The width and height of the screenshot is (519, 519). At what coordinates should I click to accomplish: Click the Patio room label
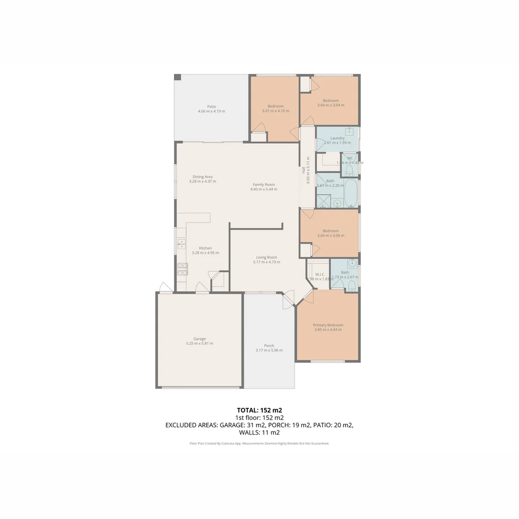coord(211,106)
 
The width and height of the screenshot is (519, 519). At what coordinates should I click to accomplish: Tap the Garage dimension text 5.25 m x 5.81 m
coord(199,344)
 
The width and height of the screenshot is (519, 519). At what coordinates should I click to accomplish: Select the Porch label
coord(269,346)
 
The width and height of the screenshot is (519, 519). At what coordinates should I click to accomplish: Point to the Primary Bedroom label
coord(328,325)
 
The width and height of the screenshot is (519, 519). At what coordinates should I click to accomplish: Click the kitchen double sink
coord(182,244)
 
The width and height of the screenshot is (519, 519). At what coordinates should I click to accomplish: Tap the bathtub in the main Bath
coord(351,193)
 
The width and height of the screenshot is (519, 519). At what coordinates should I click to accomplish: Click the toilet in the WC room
coord(349,170)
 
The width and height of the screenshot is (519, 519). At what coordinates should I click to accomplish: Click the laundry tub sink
coord(351,132)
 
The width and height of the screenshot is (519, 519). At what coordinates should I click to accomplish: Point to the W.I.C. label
coord(320,274)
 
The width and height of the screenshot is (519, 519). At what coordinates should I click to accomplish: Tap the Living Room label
coord(266,257)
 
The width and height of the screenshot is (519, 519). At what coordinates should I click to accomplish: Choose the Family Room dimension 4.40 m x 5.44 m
coord(263,189)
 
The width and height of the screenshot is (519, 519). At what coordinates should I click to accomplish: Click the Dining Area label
coord(202,176)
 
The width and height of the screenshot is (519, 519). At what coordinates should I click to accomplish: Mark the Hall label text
coord(303,170)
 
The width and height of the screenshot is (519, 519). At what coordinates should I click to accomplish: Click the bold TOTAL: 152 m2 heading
coord(259,410)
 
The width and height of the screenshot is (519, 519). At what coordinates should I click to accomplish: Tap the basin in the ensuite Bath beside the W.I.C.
coord(352,263)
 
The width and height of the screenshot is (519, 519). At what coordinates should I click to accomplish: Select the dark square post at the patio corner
coord(177,77)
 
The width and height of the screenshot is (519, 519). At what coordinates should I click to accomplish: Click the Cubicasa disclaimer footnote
coord(259,444)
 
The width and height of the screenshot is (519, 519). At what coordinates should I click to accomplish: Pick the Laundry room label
coord(337,138)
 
